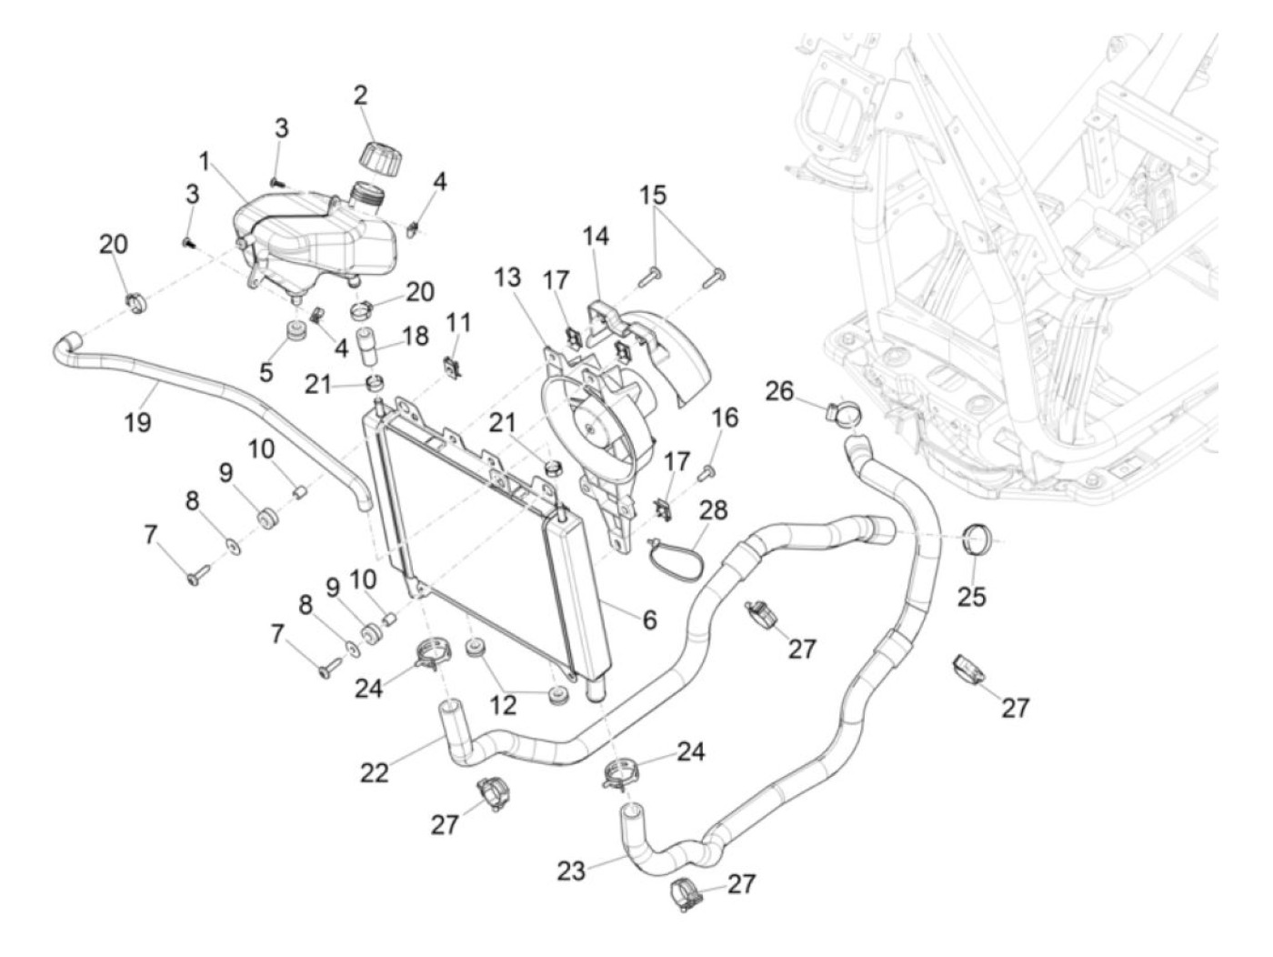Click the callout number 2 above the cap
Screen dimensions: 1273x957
(x=360, y=96)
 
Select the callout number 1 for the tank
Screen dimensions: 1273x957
(x=204, y=161)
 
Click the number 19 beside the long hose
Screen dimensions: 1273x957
(x=138, y=422)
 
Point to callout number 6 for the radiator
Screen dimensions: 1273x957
(x=649, y=620)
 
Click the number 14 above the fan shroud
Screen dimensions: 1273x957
(x=596, y=237)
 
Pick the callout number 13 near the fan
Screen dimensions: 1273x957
(x=508, y=277)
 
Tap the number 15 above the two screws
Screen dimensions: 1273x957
(x=653, y=195)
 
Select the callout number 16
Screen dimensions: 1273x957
(x=725, y=418)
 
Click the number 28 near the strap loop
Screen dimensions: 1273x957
(x=714, y=510)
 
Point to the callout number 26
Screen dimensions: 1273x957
(x=779, y=391)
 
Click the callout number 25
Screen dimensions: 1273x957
(x=972, y=596)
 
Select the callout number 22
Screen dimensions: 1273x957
(x=374, y=772)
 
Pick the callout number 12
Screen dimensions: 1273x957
(x=502, y=705)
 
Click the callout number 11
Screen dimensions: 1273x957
(x=458, y=324)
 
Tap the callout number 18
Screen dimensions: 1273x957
(x=416, y=337)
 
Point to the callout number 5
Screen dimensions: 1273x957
(x=266, y=372)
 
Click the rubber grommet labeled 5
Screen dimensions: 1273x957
(x=297, y=337)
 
